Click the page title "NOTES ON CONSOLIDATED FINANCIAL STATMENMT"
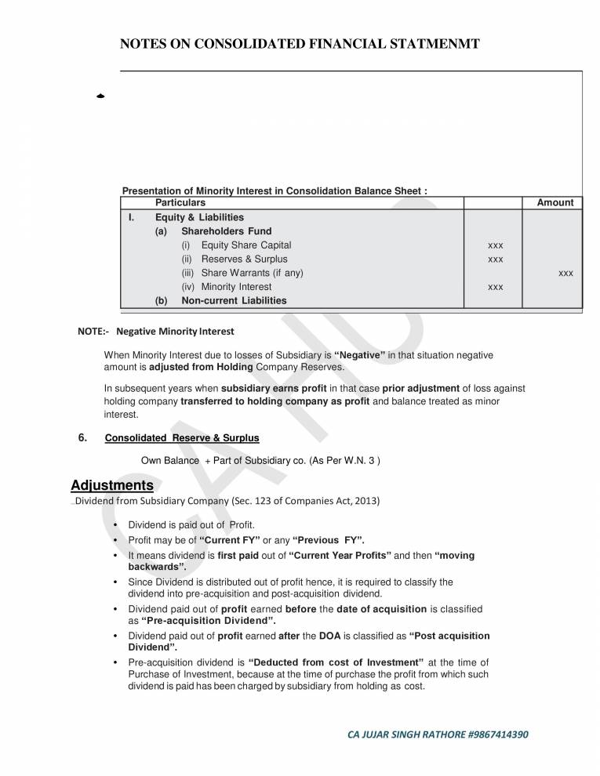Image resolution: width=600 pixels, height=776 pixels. click(299, 44)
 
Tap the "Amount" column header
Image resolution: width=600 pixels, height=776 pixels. click(555, 203)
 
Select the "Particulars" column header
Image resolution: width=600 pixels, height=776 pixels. click(180, 203)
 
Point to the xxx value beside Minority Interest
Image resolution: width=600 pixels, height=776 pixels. click(495, 288)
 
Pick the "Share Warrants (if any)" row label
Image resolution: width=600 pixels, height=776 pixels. click(252, 273)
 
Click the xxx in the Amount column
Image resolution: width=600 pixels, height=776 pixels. click(565, 274)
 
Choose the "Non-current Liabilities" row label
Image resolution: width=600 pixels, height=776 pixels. click(234, 301)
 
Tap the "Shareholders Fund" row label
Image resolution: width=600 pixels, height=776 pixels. click(227, 231)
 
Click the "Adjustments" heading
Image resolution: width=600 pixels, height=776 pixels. click(112, 485)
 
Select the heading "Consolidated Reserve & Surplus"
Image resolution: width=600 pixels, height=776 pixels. click(182, 437)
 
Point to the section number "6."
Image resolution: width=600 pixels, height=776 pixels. click(83, 437)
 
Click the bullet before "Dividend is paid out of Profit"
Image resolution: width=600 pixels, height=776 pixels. click(116, 524)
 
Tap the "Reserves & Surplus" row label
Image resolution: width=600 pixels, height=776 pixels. click(244, 259)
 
